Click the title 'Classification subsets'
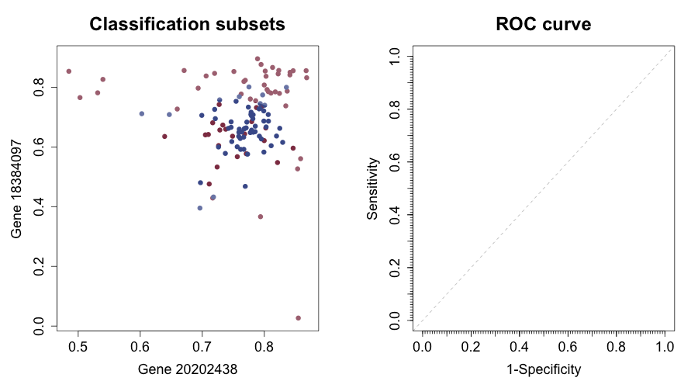click(187, 24)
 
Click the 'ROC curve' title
click(543, 24)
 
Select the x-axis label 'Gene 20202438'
click(187, 369)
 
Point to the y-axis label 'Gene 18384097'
click(16, 189)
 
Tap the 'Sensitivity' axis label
click(373, 189)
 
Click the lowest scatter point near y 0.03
click(298, 318)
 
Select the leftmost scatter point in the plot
click(69, 71)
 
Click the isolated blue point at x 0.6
click(142, 114)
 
